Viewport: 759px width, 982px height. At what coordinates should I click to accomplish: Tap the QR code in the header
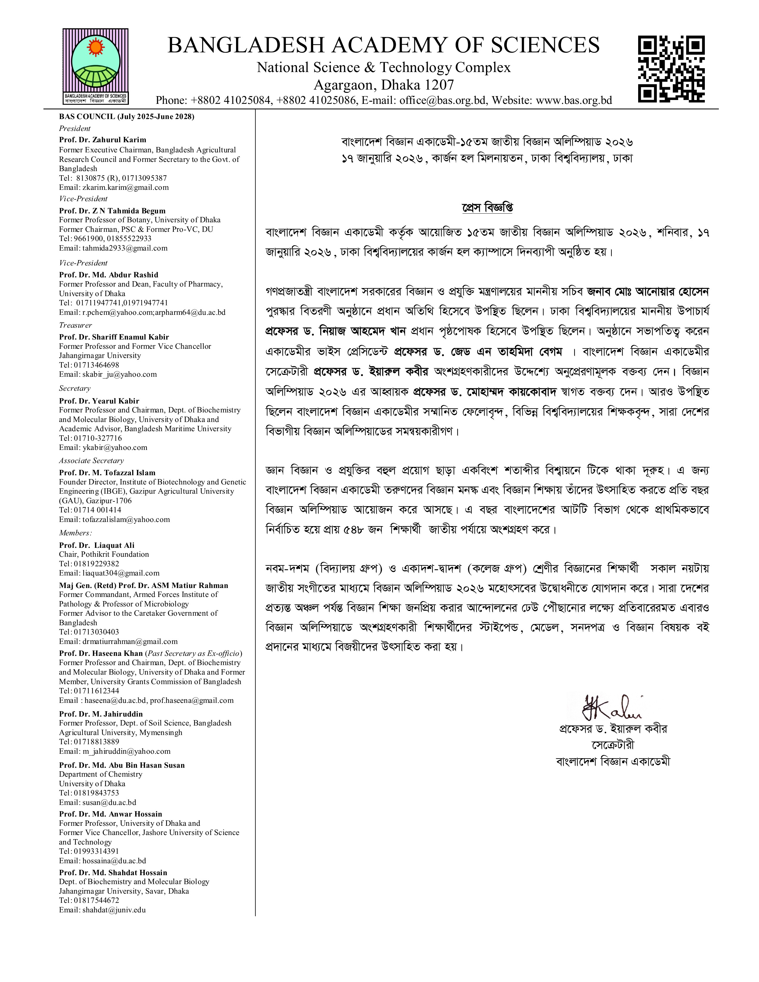click(671, 69)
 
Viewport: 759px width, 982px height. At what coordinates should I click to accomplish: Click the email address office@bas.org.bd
click(442, 100)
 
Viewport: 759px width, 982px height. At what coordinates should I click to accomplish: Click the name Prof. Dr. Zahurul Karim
click(102, 140)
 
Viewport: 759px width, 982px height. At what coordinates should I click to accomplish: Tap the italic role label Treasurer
click(76, 325)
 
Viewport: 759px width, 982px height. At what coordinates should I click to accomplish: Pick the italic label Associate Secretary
click(91, 460)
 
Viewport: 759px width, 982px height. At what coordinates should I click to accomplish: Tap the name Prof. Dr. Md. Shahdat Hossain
click(113, 873)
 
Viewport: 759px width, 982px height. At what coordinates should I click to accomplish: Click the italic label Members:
click(76, 533)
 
